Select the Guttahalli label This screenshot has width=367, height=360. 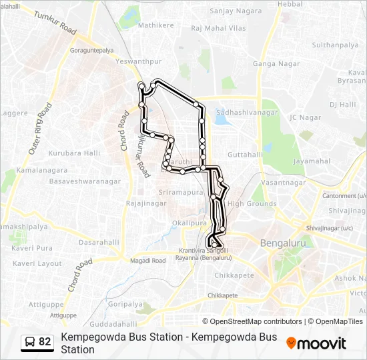click(x=245, y=154)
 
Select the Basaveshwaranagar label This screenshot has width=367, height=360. click(x=83, y=181)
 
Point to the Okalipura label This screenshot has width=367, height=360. click(x=186, y=223)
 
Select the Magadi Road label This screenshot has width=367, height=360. click(x=148, y=261)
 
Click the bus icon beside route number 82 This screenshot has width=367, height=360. click(x=29, y=342)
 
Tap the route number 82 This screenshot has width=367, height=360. click(x=45, y=342)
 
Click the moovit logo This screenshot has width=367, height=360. click(x=316, y=343)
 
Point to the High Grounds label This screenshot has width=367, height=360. click(x=252, y=204)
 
